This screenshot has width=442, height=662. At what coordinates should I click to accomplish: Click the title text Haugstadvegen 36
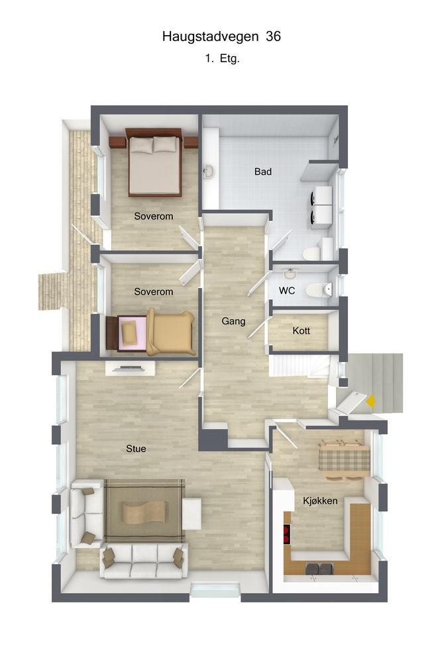coord(221,37)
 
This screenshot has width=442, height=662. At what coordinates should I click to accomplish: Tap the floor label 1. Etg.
coord(221,58)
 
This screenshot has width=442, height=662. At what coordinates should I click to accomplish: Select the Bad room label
coord(263,171)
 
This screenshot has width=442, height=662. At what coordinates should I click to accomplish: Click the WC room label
coord(287,291)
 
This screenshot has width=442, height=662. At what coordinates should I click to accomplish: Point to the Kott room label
coord(301,331)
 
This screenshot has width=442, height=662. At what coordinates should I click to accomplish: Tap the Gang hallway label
coord(233,321)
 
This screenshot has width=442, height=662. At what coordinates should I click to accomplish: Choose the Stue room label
coord(136,448)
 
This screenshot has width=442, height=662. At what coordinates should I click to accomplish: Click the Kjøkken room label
coord(320,500)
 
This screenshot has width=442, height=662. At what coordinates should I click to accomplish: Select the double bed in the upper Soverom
coord(154,164)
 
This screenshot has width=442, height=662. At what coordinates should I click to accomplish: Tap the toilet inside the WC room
coord(317,290)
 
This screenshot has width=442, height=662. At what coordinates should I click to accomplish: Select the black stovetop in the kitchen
coord(288,534)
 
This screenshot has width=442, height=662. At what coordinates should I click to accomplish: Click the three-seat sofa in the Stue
coord(144,559)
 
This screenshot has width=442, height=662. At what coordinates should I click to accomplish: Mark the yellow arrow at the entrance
coord(372,400)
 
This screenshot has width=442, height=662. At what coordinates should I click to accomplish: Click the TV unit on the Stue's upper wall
coord(130,368)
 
